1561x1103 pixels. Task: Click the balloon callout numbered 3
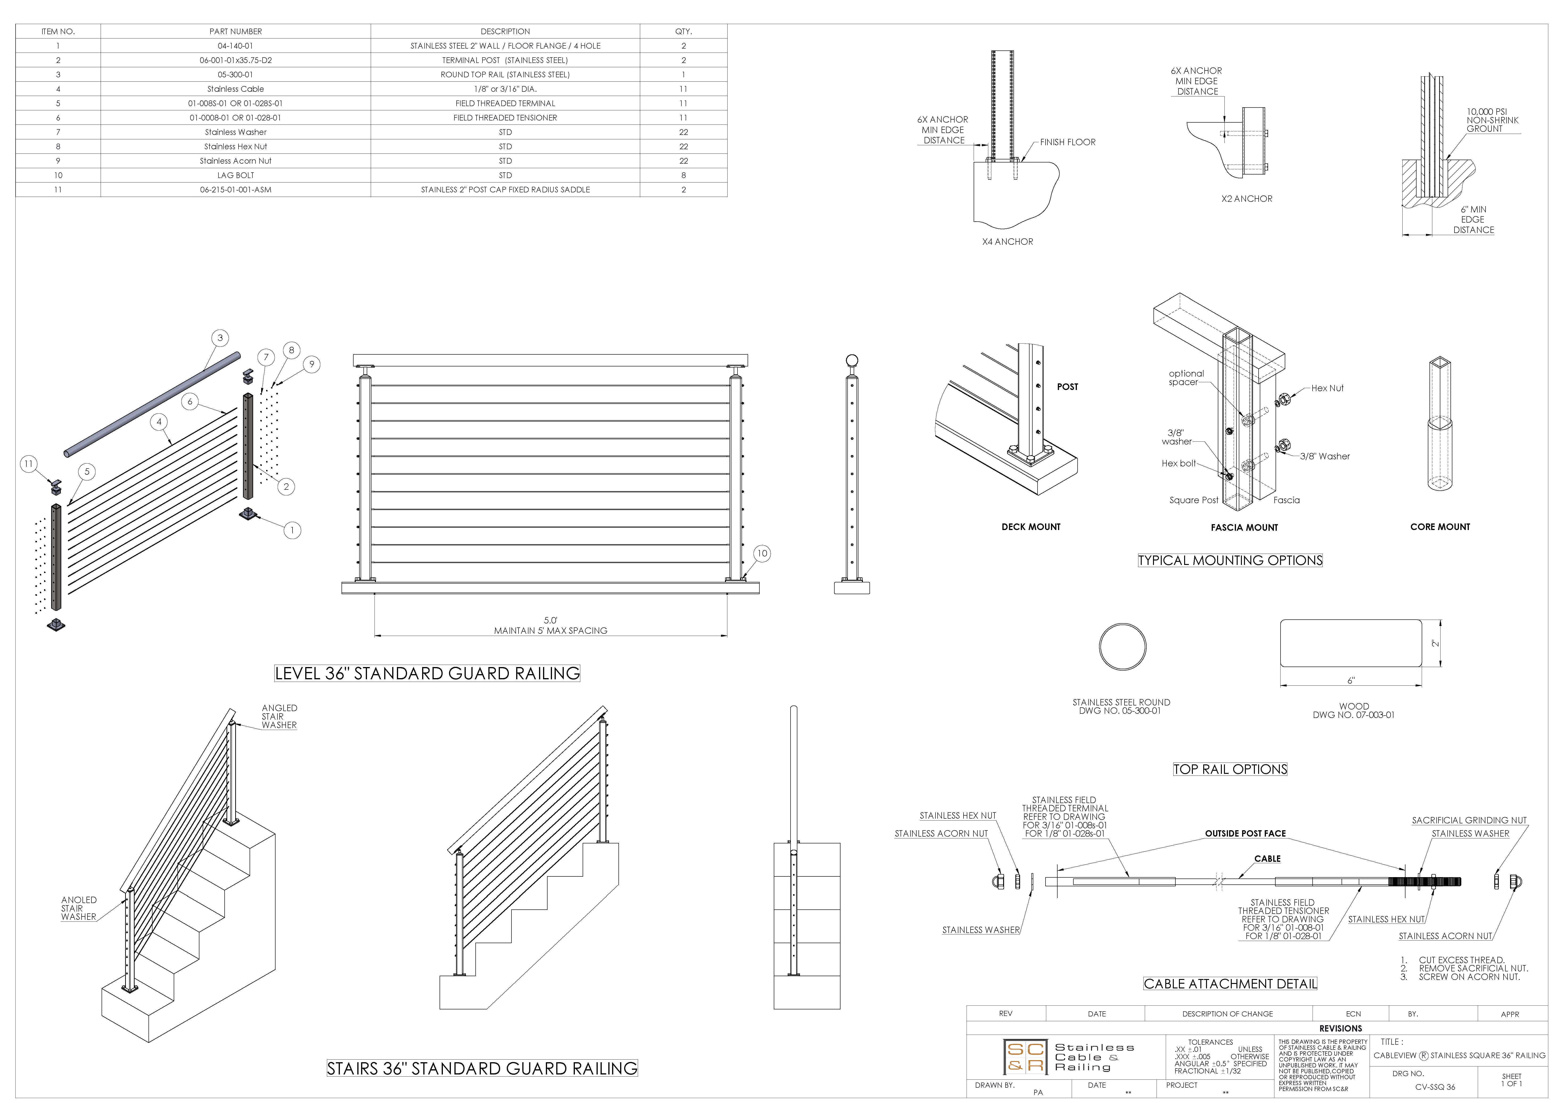(220, 338)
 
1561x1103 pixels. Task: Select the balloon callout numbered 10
(762, 554)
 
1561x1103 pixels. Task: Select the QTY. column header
(683, 31)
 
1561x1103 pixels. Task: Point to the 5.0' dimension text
(550, 620)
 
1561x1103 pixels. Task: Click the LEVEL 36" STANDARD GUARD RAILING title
(427, 673)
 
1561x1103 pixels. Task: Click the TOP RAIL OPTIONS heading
(1230, 769)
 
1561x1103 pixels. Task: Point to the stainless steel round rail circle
(1122, 646)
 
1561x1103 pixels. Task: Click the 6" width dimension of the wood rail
(1351, 680)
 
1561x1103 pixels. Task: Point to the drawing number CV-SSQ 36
(1435, 1087)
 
